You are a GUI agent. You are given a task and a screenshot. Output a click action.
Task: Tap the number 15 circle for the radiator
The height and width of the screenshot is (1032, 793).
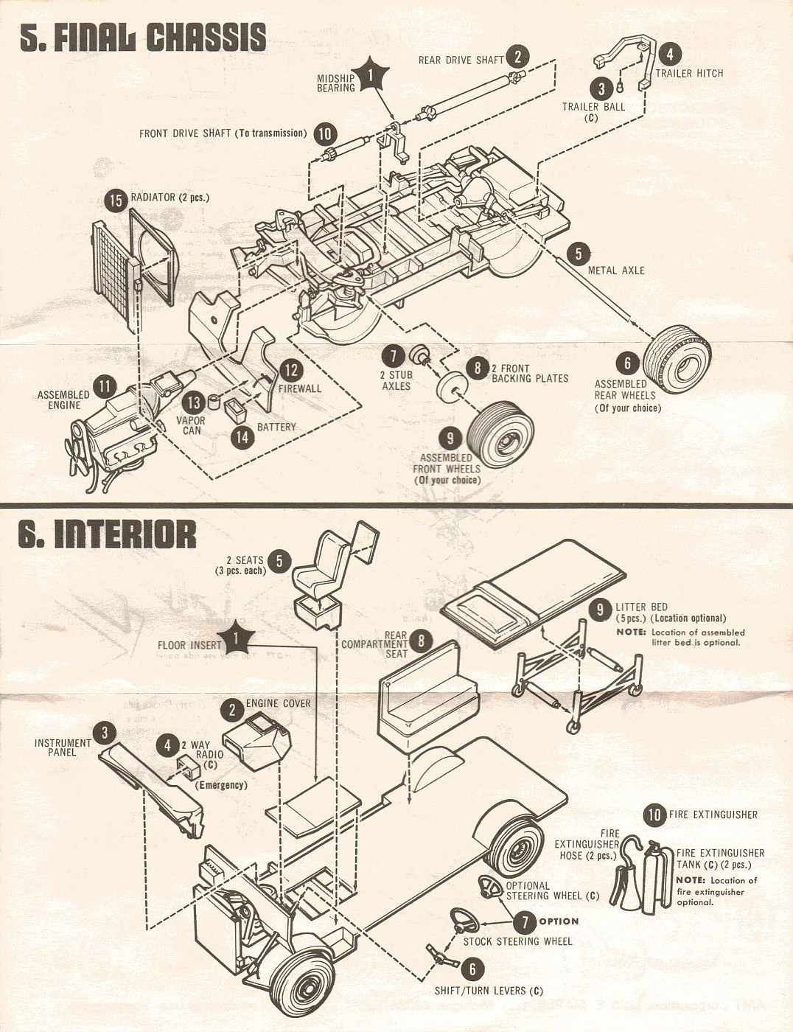(116, 201)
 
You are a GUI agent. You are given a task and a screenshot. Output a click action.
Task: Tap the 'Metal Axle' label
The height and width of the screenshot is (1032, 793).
(615, 271)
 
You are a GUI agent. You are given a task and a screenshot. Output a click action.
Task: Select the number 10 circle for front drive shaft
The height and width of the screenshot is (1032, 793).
(325, 134)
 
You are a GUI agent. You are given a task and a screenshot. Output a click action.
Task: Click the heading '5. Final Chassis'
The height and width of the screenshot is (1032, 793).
(142, 37)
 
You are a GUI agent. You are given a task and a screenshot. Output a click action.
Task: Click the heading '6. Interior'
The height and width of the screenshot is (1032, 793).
(108, 534)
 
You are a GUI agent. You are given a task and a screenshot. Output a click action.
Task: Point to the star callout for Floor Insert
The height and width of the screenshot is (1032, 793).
(236, 640)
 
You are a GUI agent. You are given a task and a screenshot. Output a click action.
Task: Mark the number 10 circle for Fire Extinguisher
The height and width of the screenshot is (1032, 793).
(654, 815)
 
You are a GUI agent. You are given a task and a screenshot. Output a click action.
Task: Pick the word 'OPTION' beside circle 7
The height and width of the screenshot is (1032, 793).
(559, 921)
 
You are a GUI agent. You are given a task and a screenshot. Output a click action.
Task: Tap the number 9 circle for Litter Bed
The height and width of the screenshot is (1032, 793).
(601, 609)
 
